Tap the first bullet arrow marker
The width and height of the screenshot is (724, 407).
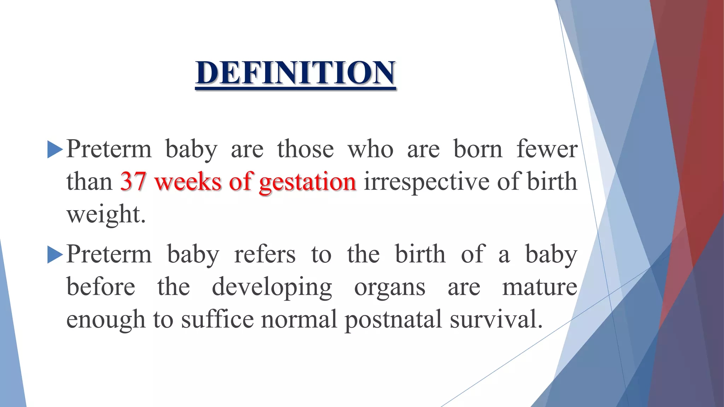(54, 149)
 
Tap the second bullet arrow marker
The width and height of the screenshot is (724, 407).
(54, 255)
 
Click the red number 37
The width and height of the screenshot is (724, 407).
(133, 182)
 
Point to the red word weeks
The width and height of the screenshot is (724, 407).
(188, 182)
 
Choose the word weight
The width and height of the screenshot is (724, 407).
(106, 214)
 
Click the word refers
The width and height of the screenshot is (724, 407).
(265, 254)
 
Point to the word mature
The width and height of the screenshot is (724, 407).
(540, 287)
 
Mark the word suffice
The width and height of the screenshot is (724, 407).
(217, 319)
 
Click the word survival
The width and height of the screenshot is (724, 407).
(496, 319)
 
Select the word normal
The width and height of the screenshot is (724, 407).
(299, 319)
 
